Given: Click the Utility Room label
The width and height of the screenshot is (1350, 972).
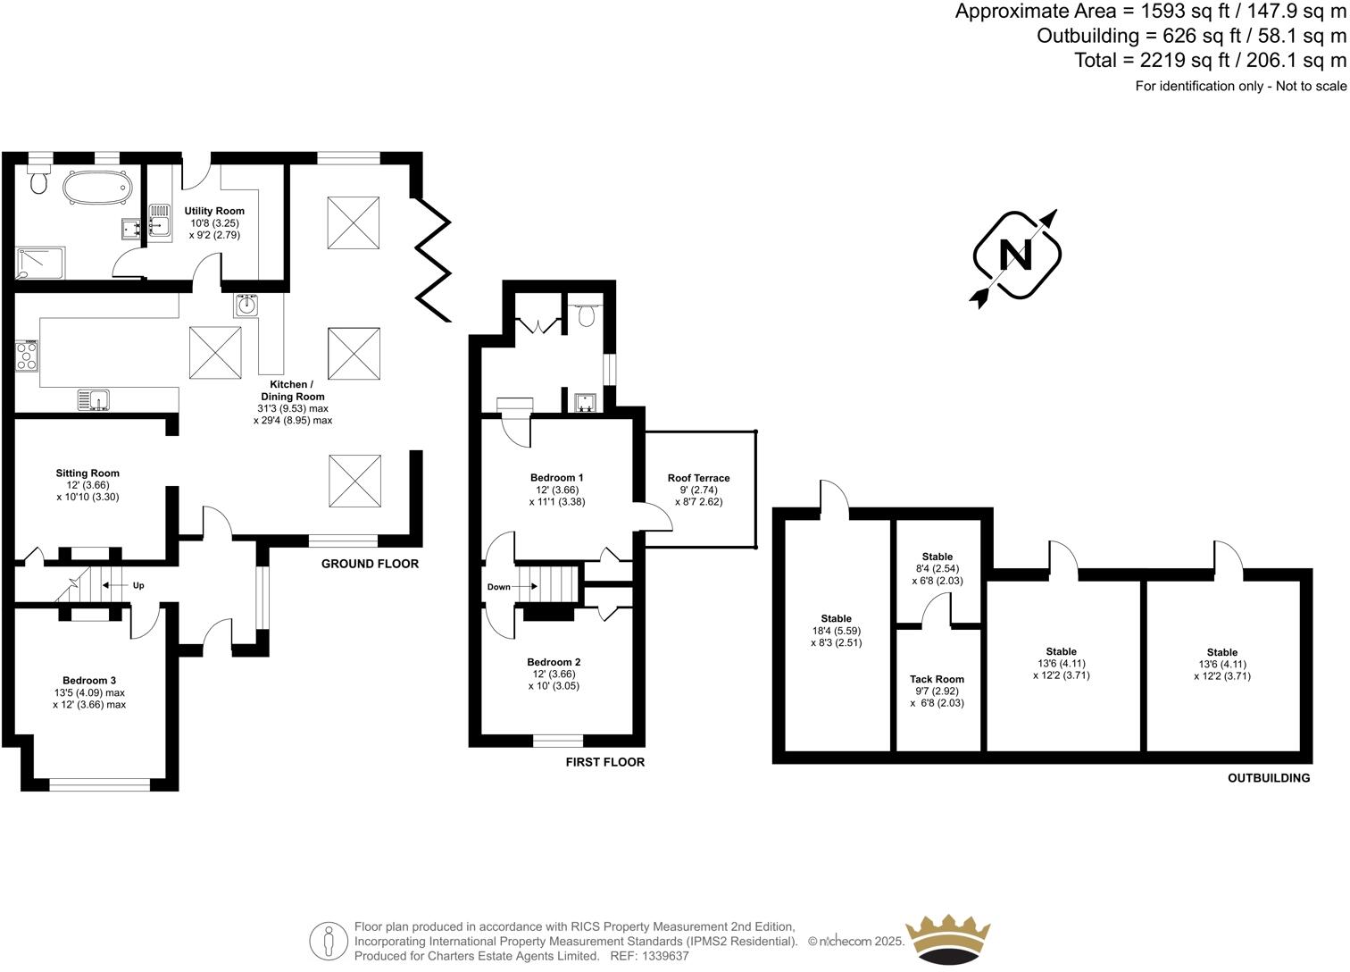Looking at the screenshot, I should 214,212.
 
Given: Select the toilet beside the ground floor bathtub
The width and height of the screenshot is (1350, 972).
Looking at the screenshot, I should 38,180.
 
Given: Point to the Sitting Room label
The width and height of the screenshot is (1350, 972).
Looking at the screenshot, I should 87,473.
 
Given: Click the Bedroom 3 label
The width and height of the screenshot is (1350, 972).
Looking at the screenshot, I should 89,680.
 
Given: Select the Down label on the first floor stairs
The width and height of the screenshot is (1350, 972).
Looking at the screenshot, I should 499,587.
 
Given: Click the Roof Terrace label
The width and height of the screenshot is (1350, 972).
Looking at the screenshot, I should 698,478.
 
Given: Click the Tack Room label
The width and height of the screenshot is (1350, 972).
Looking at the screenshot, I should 937,679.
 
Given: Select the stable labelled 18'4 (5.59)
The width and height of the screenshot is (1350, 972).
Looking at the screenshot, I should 836,630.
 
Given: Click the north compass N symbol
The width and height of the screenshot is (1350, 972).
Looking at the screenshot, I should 1015,256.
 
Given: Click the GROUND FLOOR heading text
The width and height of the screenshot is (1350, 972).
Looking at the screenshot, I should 370,564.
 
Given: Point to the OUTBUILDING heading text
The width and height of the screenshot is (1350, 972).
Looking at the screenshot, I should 1268,778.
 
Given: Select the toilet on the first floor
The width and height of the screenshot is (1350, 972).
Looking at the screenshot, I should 587,315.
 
